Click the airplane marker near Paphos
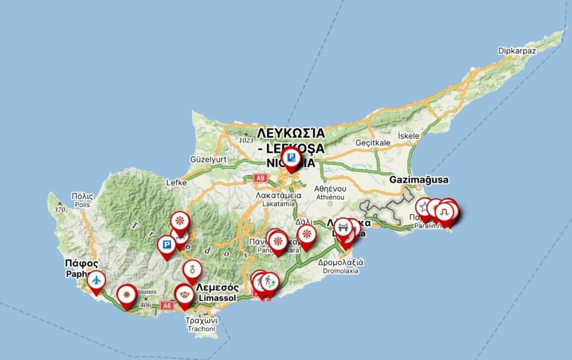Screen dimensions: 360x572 click(x=96, y=280)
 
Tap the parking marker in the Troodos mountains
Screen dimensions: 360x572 click(x=166, y=245)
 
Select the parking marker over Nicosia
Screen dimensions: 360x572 click(x=290, y=158)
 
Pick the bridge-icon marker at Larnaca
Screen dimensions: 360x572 click(x=344, y=227)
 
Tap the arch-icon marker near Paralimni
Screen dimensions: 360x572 click(x=445, y=212)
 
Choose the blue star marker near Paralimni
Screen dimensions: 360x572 click(x=424, y=208)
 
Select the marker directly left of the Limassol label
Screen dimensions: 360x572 click(x=184, y=294)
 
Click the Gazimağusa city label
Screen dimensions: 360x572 click(x=420, y=180)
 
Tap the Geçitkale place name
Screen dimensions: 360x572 click(x=373, y=143)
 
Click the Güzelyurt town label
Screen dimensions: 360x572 click(x=208, y=160)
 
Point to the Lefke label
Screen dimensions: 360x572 click(x=177, y=183)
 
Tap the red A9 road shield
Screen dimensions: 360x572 click(x=259, y=178)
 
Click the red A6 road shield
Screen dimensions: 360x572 click(x=166, y=305)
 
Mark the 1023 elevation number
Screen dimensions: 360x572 click(x=246, y=140)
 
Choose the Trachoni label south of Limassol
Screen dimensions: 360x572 click(x=201, y=325)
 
